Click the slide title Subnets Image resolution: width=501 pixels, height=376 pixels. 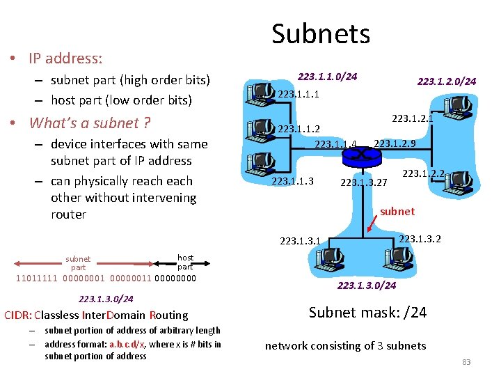pos(321,33)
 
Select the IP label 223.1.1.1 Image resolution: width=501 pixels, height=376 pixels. pos(299,94)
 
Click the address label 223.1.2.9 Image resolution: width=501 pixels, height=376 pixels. pos(395,144)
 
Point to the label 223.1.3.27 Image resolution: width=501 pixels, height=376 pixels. pos(363,183)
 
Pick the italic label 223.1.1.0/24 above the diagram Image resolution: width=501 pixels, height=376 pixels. pos(327,77)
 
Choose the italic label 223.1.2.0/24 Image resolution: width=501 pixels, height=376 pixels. pos(446,81)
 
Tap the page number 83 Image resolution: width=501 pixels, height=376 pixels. pos(466,361)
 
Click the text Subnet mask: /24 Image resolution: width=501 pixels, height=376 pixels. pos(367,312)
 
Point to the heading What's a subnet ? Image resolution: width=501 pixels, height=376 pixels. pos(90,123)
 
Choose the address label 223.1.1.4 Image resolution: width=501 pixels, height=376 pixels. pos(335,145)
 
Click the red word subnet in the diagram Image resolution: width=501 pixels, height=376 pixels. pos(397,211)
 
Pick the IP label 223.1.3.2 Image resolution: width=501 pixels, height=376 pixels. pos(420,240)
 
